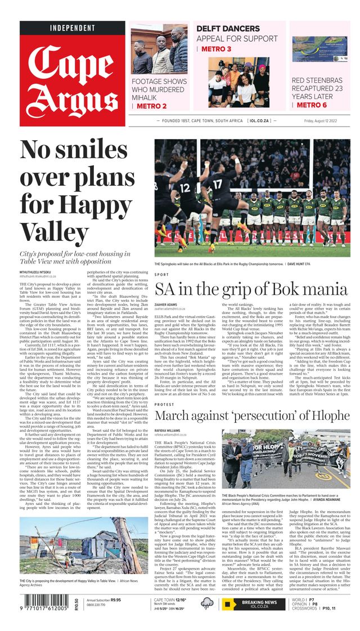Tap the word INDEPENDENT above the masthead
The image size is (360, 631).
tap(72, 28)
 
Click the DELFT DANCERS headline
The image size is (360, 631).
tap(228, 29)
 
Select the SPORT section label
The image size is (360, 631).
tap(161, 275)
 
